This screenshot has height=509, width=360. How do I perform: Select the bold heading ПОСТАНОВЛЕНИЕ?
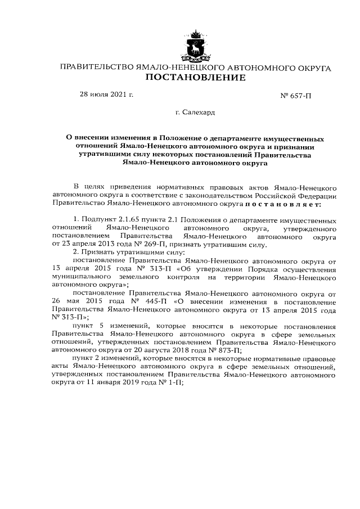[195, 78]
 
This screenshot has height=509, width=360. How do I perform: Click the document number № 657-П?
[295, 96]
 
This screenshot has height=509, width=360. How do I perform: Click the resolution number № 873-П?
[224, 349]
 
